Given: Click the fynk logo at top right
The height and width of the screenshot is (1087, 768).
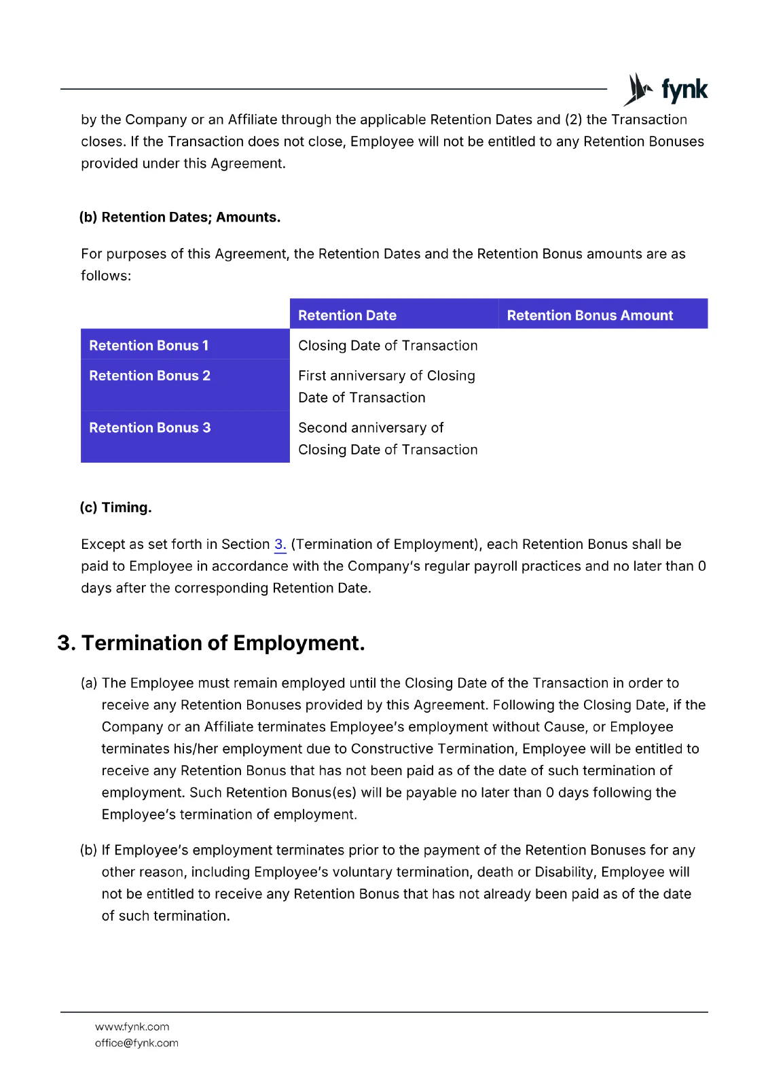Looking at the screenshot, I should pos(665,90).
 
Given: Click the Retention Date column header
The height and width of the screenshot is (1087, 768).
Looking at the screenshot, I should pos(347,315).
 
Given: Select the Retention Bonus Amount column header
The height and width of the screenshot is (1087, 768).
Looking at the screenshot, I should pos(589,315).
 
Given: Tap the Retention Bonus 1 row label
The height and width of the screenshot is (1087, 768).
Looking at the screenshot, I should pos(149,345).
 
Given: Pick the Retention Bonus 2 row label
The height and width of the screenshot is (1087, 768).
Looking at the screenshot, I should pos(149,376).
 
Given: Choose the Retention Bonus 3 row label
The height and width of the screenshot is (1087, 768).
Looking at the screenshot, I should pos(149,428).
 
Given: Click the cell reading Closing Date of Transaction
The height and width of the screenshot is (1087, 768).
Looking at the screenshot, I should pos(388,346).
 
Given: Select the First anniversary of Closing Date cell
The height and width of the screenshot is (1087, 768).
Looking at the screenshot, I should pos(386,386).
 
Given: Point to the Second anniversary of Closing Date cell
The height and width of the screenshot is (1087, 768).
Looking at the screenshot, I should pos(388,438).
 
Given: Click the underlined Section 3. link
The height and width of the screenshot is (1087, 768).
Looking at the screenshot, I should pos(280,544).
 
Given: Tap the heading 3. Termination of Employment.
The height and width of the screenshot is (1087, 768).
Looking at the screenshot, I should pos(211,643).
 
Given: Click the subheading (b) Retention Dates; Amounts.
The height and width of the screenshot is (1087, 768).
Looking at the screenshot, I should pos(180,217).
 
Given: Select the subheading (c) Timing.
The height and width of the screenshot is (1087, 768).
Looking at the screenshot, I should pos(115,507).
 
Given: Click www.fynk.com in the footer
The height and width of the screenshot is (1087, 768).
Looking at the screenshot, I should pos(132,1027).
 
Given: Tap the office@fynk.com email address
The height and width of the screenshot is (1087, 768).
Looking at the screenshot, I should pos(136,1043).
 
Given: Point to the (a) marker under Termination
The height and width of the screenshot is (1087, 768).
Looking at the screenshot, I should pos(89,683).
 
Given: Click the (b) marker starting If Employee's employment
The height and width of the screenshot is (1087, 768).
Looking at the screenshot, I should pos(89,850).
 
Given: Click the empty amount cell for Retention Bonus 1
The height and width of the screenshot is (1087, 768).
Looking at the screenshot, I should pos(602,345).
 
